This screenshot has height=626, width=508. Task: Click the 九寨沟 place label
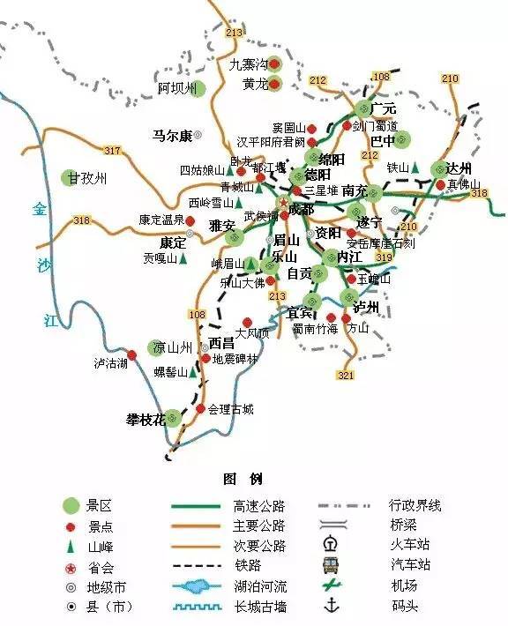click(x=249, y=64)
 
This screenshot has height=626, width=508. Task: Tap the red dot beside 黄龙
click(x=274, y=85)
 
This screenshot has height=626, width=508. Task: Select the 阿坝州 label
click(x=175, y=89)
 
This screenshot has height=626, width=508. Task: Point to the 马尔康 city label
click(x=172, y=136)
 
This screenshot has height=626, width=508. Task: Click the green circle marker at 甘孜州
click(x=71, y=177)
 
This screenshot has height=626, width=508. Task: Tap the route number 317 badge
click(x=112, y=151)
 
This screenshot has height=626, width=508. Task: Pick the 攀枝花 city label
click(x=146, y=419)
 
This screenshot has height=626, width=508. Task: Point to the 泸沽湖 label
click(x=111, y=362)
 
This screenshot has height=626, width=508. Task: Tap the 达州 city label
click(x=459, y=168)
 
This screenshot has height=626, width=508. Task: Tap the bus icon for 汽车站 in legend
click(x=332, y=564)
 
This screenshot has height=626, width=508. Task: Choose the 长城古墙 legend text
click(x=260, y=607)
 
